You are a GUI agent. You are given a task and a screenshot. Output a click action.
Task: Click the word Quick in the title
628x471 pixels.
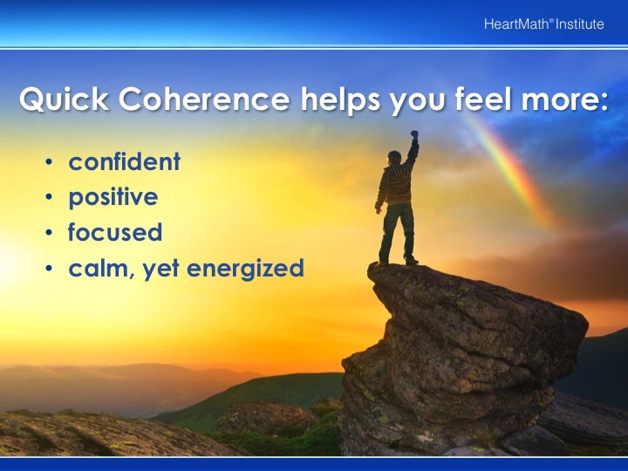coord(64,99)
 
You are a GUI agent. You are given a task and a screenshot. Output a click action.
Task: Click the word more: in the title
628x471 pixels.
coord(565,101)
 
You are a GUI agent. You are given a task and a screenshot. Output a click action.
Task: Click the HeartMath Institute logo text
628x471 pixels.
coord(543,24)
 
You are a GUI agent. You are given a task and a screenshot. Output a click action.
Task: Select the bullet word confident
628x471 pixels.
coord(124,161)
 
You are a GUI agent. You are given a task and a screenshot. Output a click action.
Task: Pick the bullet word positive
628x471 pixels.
coord(113,197)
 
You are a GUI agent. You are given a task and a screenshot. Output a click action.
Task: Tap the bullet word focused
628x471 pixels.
coord(115,232)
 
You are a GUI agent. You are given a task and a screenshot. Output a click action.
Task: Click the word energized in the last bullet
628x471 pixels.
coord(245,269)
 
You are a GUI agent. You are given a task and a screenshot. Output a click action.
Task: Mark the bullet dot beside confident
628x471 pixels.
coord(49,162)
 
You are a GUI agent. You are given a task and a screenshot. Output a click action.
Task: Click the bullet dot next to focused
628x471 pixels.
coord(49,233)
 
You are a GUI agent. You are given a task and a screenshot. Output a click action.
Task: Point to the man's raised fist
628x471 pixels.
coord(414,134)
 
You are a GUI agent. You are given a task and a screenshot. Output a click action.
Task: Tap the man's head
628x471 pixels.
coord(394,157)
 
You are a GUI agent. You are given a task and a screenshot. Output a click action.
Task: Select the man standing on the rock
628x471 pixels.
coord(397,198)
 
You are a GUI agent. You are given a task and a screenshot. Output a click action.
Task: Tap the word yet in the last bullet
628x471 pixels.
coord(161,270)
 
